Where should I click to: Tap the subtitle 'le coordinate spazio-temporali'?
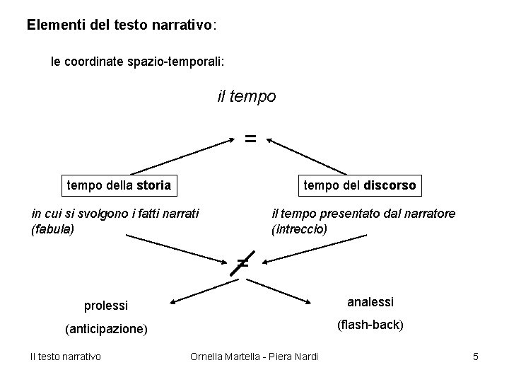137,62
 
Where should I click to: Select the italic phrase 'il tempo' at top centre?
247,95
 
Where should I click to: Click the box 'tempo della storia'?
118,185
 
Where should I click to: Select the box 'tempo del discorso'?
360,185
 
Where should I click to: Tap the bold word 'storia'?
153,185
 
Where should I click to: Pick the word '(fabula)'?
53,229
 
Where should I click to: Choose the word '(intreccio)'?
299,229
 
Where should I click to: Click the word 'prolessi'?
106,306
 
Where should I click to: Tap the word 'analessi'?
370,302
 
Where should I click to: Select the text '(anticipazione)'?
106,329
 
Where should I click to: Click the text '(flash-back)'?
370,325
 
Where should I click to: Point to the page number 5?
476,356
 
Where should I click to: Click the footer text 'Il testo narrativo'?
65,356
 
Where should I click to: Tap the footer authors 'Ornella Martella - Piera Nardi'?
255,356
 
